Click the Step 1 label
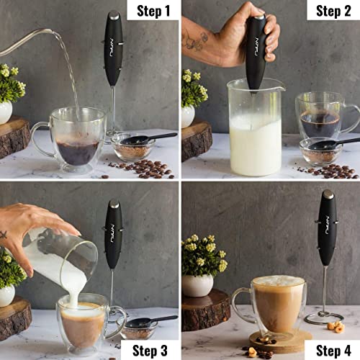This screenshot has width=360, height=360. click(x=153, y=11)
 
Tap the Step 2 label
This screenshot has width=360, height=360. click(x=333, y=11)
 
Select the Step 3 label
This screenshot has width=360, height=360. click(x=150, y=351)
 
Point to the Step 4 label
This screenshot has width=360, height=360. click(x=333, y=351)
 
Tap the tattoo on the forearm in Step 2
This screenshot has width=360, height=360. click(x=195, y=40)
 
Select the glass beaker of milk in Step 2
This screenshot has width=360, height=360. click(x=256, y=127)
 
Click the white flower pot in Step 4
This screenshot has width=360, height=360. click(x=197, y=285)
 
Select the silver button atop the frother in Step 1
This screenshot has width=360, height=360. click(x=114, y=15)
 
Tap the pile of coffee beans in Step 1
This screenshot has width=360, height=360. click(x=142, y=169)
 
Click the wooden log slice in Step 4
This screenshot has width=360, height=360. click(x=206, y=310)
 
